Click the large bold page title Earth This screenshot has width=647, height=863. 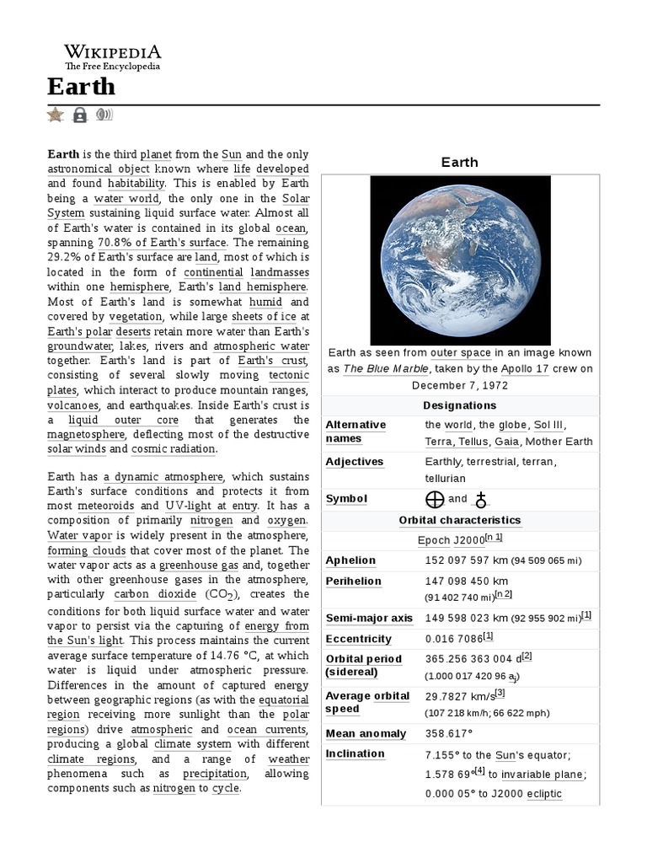(81, 87)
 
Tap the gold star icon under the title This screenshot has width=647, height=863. (56, 115)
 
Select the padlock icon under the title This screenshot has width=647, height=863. (80, 115)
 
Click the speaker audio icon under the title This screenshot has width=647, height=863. (104, 115)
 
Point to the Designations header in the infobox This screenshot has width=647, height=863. (459, 405)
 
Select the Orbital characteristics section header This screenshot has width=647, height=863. (459, 520)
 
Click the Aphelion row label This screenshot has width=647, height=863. (350, 560)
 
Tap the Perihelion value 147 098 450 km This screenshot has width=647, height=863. (467, 581)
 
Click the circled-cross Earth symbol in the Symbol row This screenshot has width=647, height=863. (435, 499)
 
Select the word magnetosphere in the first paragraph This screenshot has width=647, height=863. (87, 434)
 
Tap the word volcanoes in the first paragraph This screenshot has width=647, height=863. (73, 405)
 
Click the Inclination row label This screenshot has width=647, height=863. (355, 753)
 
